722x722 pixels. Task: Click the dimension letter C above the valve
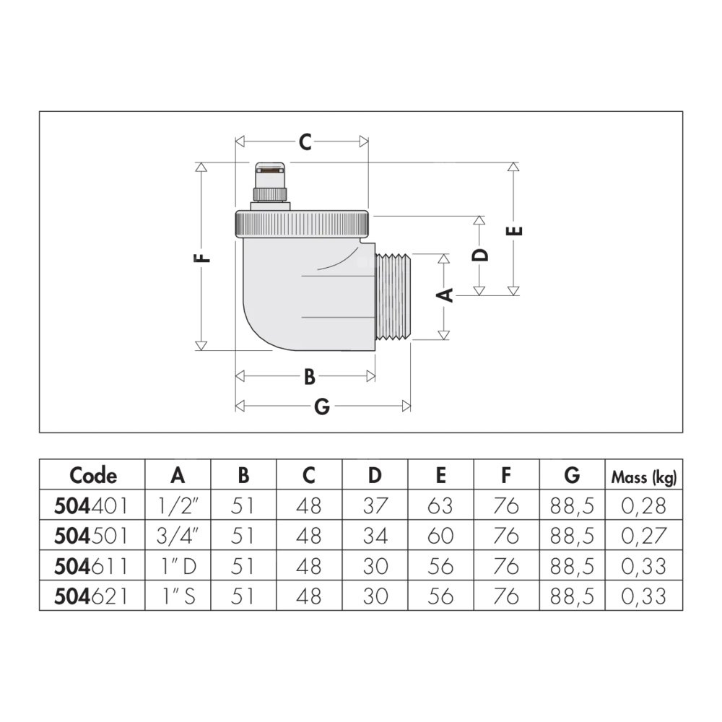click(x=305, y=142)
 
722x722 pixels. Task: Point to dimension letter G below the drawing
click(x=322, y=406)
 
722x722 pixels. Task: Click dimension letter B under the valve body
click(x=310, y=377)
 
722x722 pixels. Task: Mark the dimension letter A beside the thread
click(x=445, y=295)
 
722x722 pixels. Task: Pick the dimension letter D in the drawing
click(x=480, y=255)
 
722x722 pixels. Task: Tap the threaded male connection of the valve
click(x=393, y=297)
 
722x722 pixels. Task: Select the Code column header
click(x=93, y=475)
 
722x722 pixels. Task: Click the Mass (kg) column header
click(x=644, y=477)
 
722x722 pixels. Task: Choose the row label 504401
click(x=91, y=506)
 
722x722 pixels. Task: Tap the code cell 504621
click(x=91, y=597)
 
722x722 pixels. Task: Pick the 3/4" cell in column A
click(x=178, y=536)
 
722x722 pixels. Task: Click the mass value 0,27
click(x=644, y=536)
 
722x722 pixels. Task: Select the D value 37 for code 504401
click(x=375, y=506)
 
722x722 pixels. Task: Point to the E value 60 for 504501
click(x=440, y=536)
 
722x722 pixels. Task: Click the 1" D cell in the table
click(x=178, y=566)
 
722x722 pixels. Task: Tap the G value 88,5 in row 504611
click(x=572, y=566)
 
